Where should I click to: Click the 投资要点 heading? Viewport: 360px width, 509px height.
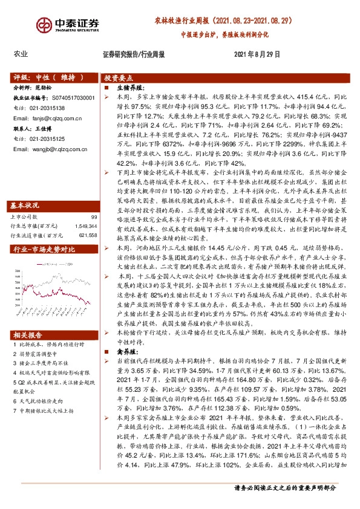pyautogui.click(x=119, y=78)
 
